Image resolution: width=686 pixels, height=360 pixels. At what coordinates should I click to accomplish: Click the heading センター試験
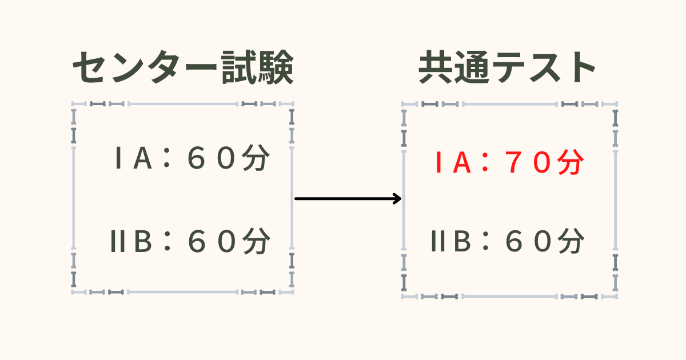pos(183,67)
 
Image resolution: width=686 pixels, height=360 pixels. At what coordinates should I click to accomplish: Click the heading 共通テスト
pos(507,67)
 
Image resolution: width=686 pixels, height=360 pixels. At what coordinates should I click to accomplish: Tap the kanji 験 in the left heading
pos(276,67)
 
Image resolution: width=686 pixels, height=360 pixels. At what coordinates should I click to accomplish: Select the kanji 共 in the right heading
pos(436,67)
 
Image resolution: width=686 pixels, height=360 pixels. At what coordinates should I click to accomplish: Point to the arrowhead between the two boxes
pos(397,199)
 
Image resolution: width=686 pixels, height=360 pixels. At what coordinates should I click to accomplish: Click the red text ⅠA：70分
pos(509,162)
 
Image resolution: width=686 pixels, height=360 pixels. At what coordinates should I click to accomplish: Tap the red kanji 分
pos(571,162)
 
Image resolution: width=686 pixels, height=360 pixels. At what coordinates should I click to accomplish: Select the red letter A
pos(462,162)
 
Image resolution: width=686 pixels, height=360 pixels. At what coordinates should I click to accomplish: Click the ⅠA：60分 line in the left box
pos(192,158)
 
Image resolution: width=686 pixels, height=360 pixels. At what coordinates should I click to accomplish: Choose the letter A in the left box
pos(143,158)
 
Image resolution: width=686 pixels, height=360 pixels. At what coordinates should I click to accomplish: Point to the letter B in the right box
pos(462,241)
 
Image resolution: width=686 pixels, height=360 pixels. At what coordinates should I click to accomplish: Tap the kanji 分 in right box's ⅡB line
pos(571,241)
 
